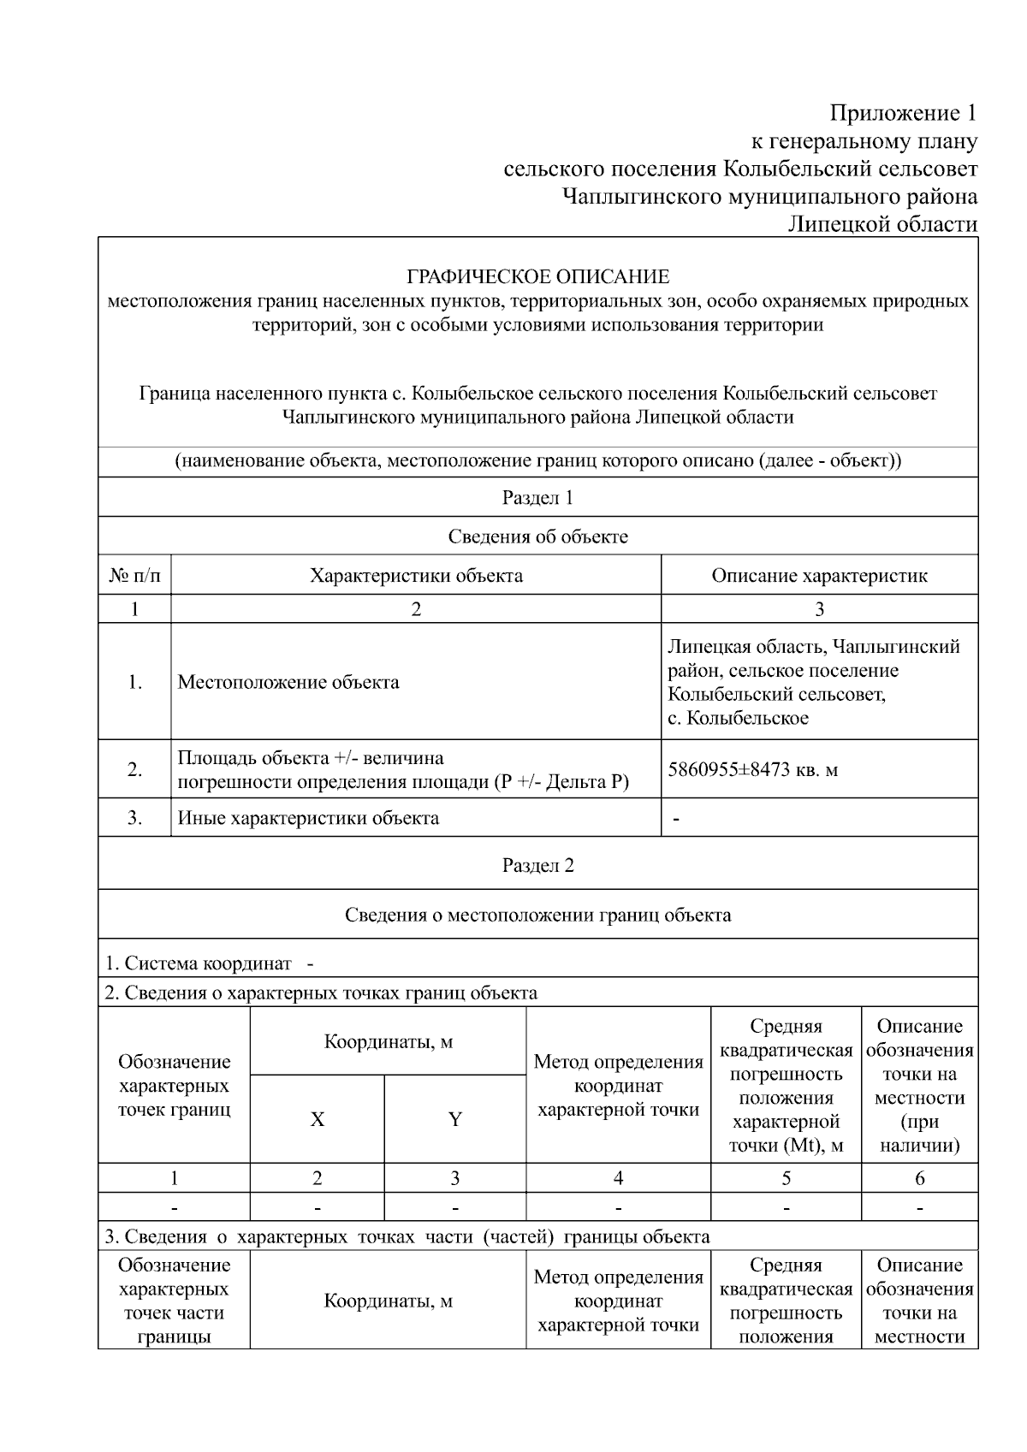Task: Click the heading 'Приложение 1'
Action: pos(903,113)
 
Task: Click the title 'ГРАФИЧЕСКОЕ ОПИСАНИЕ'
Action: pos(537,276)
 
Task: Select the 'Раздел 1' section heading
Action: pos(537,497)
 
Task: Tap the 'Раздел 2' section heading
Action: pos(537,865)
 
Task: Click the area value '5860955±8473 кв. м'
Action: pos(752,769)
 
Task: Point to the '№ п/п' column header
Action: pos(134,576)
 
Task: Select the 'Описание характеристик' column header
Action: pos(819,576)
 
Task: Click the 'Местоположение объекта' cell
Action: pos(288,682)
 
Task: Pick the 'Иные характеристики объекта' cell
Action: pos(308,818)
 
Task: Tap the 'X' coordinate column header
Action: pos(317,1119)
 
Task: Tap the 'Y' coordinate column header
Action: pos(454,1119)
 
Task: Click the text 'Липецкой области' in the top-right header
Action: pos(882,224)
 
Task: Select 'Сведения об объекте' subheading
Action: pos(537,536)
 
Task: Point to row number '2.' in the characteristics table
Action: pos(134,769)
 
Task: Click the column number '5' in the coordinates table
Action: pos(786,1178)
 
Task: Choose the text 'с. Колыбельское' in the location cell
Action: pos(738,718)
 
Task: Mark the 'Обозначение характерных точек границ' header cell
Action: pos(174,1086)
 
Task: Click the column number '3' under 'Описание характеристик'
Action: pos(819,609)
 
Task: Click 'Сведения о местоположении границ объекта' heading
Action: pos(537,915)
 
